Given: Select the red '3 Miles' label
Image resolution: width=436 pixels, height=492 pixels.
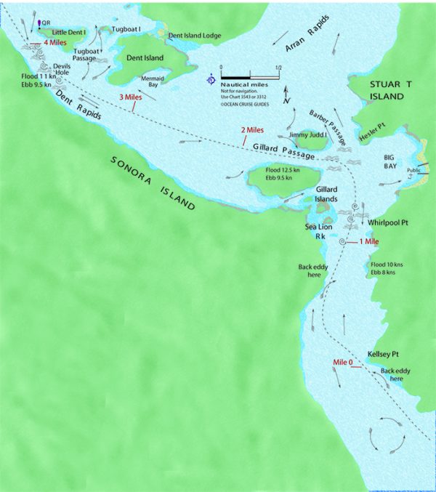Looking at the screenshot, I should click(x=130, y=97).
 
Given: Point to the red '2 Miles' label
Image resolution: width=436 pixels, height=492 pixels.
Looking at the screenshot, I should click(x=252, y=131).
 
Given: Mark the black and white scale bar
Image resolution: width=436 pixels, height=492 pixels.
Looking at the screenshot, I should click(x=250, y=76).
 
